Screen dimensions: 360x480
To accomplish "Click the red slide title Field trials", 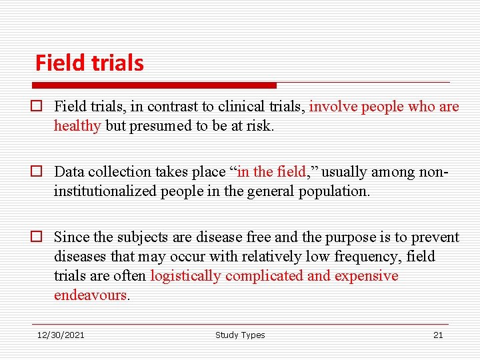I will pos(89,63).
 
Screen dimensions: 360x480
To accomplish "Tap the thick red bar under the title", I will pos(154,85).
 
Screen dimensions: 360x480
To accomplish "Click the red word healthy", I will pos(77,126).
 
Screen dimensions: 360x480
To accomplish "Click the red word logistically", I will pos(186,276).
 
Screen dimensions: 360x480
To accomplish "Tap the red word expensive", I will pos(366,276).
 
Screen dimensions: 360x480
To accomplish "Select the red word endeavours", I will pos(90,295).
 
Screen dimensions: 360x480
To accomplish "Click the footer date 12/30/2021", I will pos(61,335).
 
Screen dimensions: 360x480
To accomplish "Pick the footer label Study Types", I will pos(240,335).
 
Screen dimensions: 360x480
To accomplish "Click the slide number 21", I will pos(438,335).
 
